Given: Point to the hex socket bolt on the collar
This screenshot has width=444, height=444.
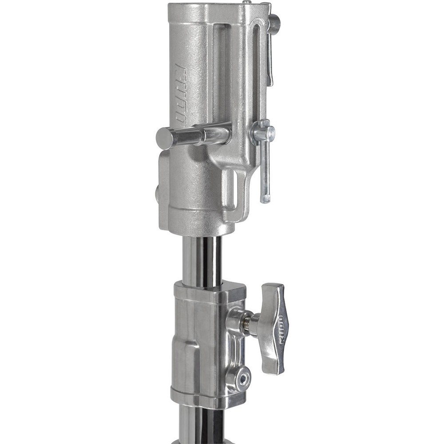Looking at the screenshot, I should tap(243, 378).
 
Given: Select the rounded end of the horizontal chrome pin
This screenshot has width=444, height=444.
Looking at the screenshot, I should tap(164, 138).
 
